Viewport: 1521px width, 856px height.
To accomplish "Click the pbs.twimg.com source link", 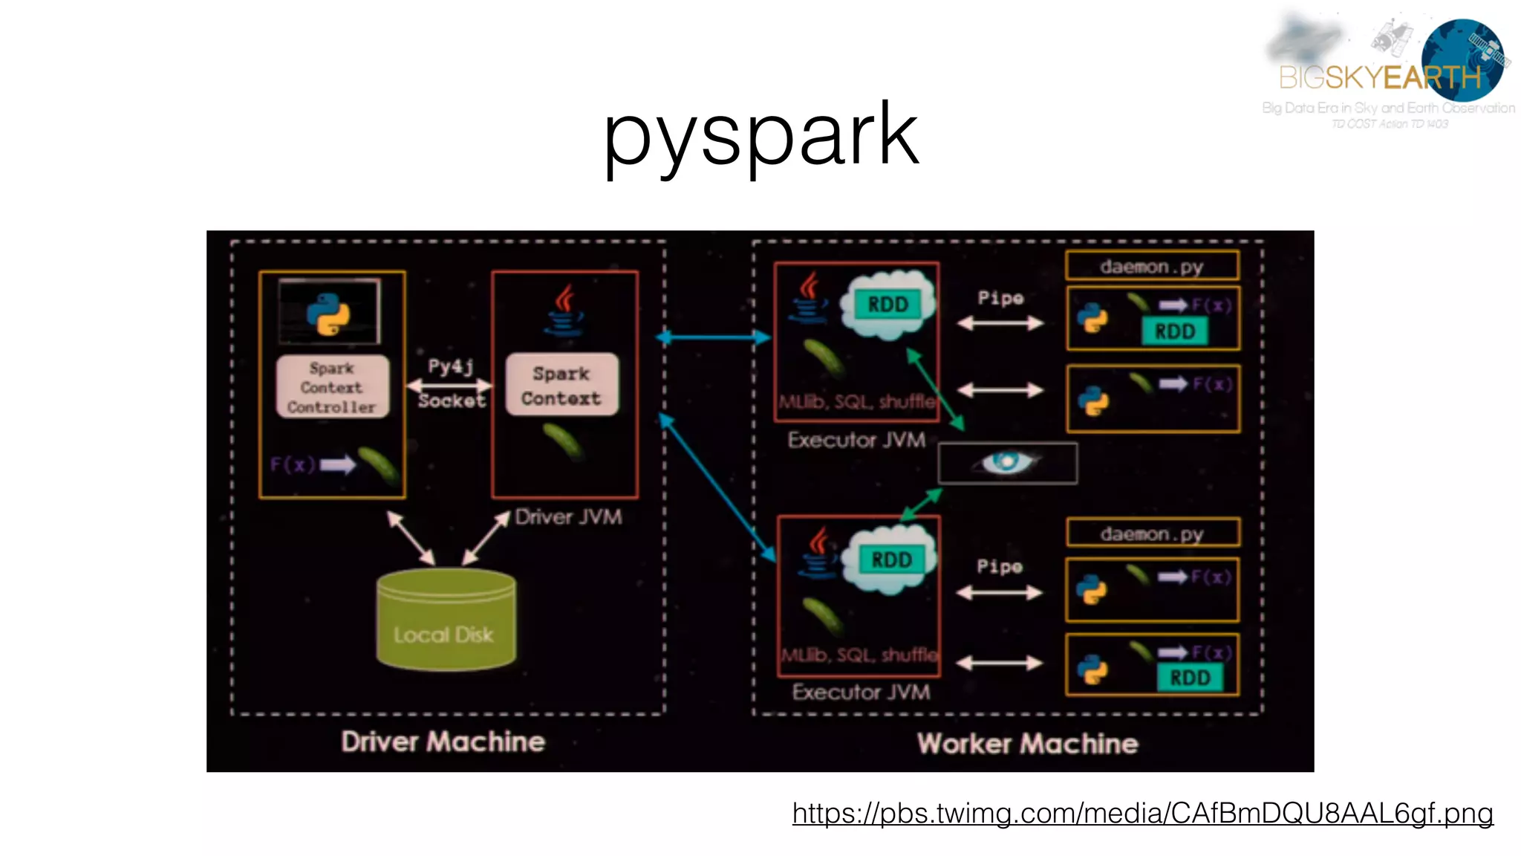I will (1142, 813).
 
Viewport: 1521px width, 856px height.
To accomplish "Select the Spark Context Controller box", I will (332, 387).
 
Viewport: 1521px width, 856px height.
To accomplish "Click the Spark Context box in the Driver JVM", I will (561, 385).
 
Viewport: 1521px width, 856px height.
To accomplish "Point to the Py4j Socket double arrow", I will (449, 385).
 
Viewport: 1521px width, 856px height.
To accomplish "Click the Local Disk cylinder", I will (446, 620).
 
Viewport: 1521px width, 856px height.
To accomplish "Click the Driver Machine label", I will (443, 742).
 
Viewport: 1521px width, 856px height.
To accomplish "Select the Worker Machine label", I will (1027, 744).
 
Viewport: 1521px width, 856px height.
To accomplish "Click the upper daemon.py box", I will (1152, 266).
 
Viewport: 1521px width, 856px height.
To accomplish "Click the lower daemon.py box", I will (1152, 534).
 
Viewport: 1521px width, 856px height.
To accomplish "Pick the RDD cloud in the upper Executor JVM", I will (887, 305).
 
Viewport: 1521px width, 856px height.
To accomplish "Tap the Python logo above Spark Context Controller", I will (329, 313).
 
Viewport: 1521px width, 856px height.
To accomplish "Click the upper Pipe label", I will (1000, 298).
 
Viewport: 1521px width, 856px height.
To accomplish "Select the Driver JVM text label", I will (568, 516).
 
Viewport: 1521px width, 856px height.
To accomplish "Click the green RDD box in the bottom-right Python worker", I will (1190, 678).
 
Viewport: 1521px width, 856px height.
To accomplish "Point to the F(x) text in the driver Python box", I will (292, 465).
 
